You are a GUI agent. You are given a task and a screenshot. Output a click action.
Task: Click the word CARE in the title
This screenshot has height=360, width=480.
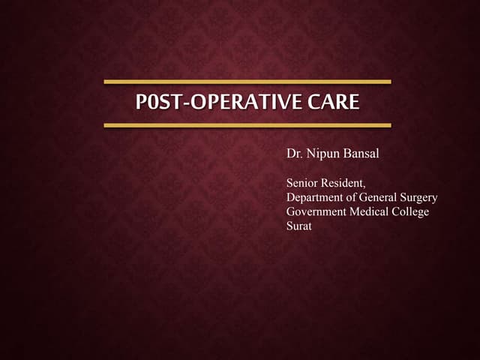click(x=334, y=102)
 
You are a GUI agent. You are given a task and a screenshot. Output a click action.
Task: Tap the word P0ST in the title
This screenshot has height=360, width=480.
click(x=158, y=102)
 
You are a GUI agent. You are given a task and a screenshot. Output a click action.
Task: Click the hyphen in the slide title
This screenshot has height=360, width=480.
click(x=187, y=103)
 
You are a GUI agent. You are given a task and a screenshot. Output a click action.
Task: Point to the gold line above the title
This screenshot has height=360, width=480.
click(x=247, y=81)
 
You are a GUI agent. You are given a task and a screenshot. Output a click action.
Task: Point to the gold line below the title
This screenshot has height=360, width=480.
click(x=247, y=125)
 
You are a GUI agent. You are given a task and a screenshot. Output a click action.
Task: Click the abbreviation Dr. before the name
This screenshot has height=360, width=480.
click(x=294, y=154)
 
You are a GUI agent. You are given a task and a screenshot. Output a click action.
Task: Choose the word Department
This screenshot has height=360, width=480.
click(x=316, y=197)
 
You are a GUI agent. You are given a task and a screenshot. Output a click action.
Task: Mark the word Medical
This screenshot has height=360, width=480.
click(x=373, y=211)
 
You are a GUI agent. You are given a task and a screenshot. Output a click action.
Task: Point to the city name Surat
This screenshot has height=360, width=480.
click(x=299, y=226)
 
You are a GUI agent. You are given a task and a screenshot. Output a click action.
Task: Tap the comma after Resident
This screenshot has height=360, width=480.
click(x=365, y=185)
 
